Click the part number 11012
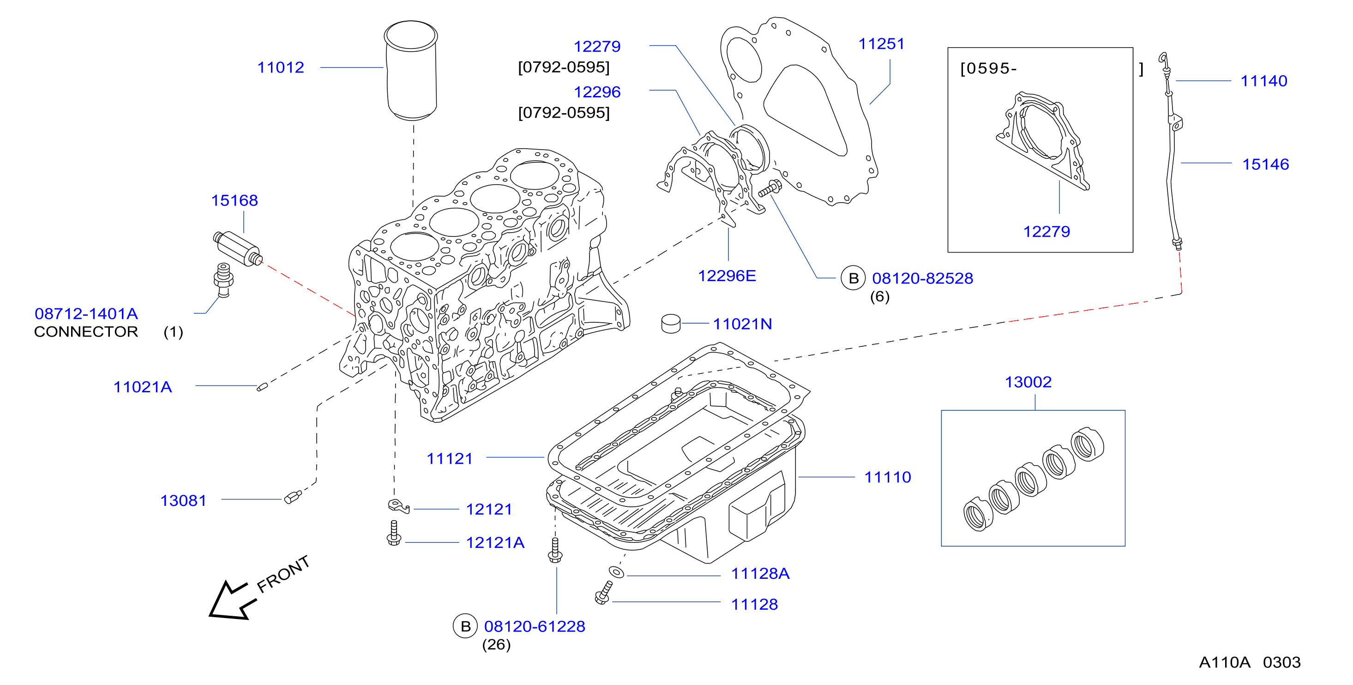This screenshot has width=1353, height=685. (281, 68)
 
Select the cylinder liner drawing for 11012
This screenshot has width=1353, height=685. (411, 70)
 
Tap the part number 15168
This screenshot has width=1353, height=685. (234, 201)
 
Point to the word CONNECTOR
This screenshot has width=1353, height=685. (86, 332)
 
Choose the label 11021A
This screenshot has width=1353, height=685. (143, 387)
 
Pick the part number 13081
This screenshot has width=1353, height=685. (183, 501)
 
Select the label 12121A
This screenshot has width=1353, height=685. (495, 543)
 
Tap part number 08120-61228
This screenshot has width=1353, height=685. (535, 627)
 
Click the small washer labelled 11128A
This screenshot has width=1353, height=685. (617, 572)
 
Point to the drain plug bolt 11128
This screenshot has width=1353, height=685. (603, 593)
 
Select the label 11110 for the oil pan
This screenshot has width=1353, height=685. (888, 477)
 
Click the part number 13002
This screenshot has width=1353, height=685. (1028, 382)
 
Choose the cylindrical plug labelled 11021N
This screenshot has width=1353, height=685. (671, 324)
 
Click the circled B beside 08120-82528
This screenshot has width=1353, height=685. (854, 278)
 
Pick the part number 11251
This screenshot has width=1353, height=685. (881, 44)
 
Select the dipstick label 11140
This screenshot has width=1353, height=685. (1264, 81)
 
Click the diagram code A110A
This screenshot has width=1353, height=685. (1224, 662)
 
